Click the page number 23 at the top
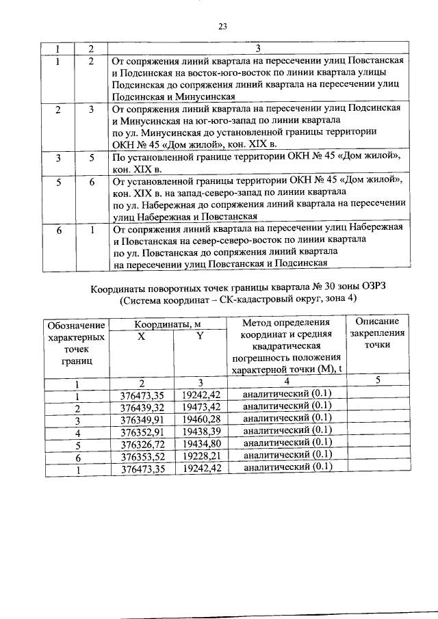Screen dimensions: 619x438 [222, 27]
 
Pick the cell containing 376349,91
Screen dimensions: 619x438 [142, 419]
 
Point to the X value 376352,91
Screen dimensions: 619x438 [142, 431]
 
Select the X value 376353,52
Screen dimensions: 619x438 [142, 456]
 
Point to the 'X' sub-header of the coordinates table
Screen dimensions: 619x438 [141, 336]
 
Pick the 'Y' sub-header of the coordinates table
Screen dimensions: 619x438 [199, 336]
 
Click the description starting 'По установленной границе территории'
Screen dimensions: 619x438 [256, 163]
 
